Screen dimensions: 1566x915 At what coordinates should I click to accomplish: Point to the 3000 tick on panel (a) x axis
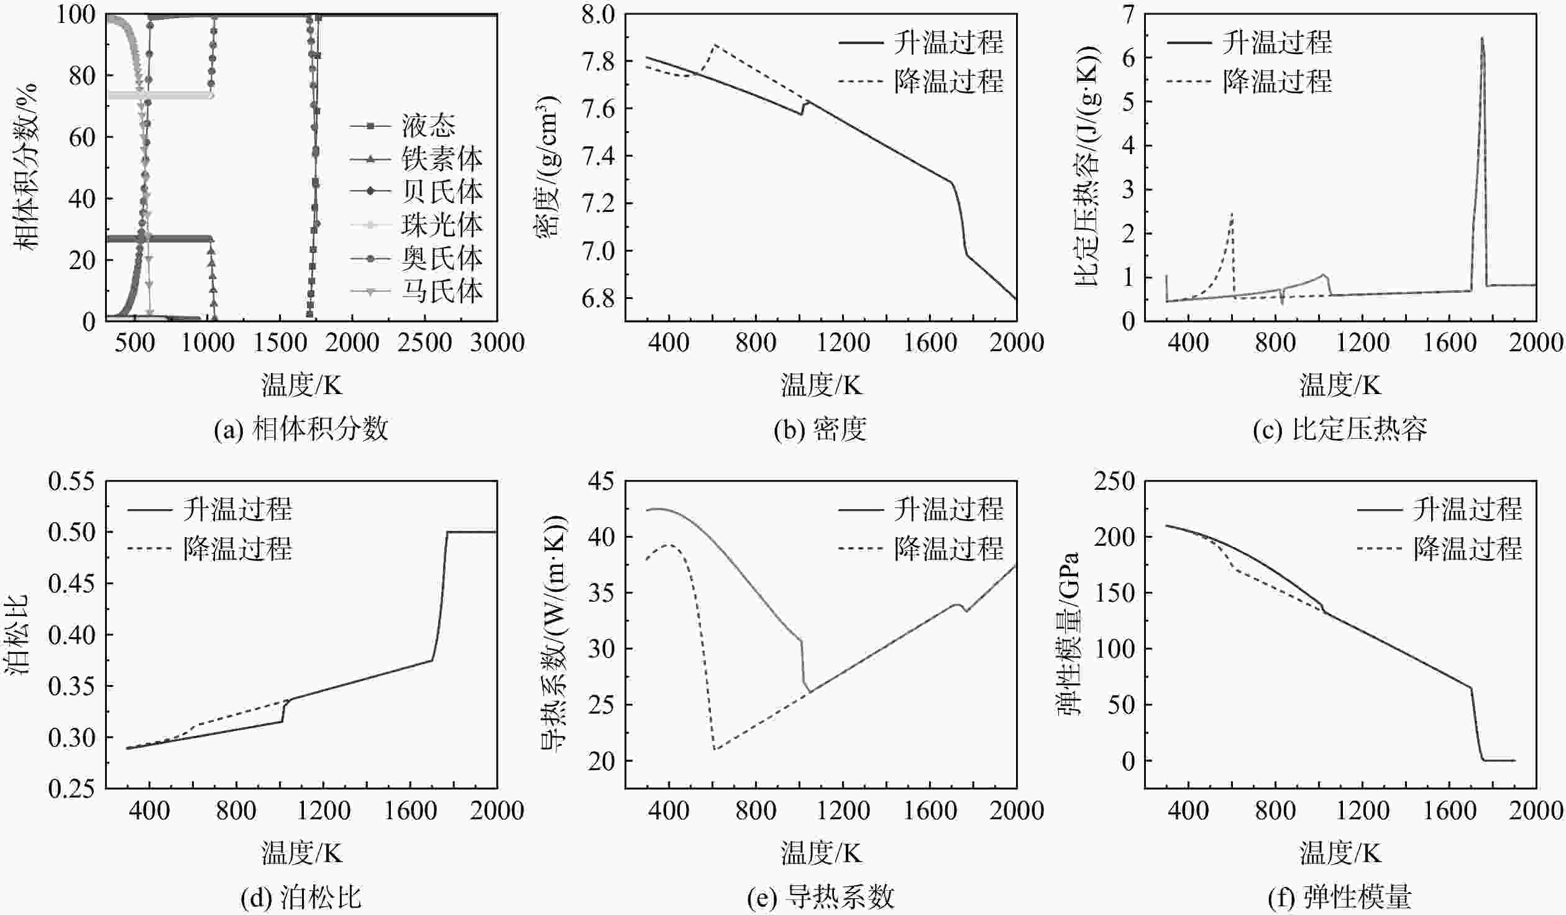click(x=497, y=343)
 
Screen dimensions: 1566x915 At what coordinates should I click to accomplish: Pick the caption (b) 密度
click(x=820, y=430)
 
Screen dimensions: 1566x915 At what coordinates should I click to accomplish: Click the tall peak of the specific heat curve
click(x=1481, y=38)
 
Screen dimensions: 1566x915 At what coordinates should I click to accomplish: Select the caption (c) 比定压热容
click(x=1339, y=430)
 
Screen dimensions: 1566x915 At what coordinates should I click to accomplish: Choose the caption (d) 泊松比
click(x=301, y=898)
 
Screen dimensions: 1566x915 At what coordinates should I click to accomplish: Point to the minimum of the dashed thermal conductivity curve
click(x=715, y=750)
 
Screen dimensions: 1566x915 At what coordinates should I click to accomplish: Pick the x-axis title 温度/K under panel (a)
click(x=301, y=385)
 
